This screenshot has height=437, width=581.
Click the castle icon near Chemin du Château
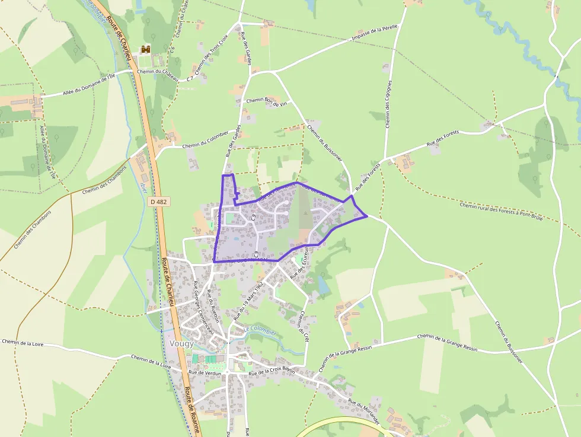pyautogui.click(x=145, y=50)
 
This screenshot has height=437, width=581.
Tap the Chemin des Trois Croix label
pyautogui.click(x=212, y=57)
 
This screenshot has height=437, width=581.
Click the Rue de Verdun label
pyautogui.click(x=205, y=373)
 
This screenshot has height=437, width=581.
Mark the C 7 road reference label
pyautogui.click(x=190, y=78)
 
